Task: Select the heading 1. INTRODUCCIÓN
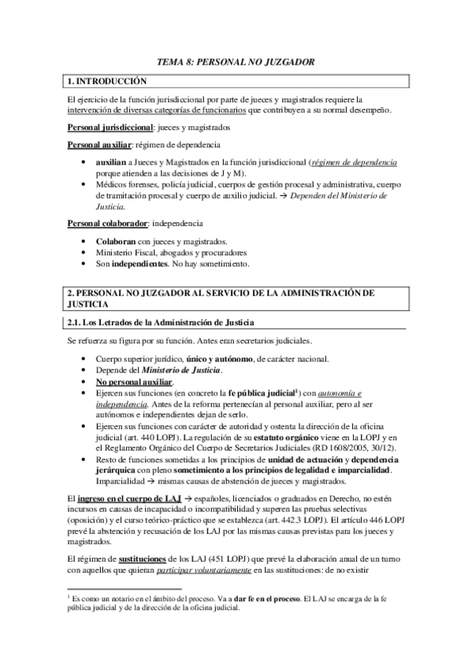coord(108,80)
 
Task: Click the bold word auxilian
coord(112,161)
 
